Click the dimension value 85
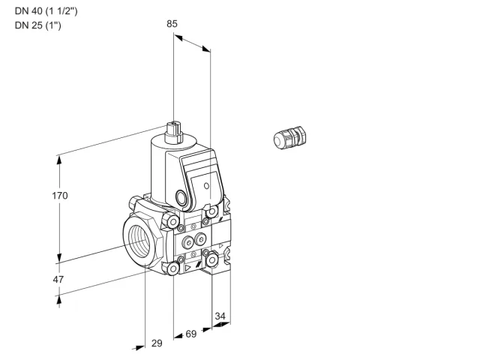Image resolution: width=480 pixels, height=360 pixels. click(x=172, y=23)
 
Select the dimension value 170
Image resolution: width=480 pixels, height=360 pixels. click(x=60, y=195)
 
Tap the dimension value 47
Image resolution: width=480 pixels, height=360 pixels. click(x=58, y=280)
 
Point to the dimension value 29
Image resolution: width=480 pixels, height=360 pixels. click(x=157, y=343)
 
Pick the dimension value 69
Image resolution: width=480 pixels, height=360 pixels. click(x=191, y=334)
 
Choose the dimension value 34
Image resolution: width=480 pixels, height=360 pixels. click(x=220, y=316)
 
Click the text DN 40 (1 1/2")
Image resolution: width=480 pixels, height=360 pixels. click(x=46, y=11)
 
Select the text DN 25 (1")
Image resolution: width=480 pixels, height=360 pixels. click(x=38, y=25)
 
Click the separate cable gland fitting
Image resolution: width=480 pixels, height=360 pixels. click(x=289, y=137)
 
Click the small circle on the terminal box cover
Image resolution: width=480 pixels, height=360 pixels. click(x=207, y=185)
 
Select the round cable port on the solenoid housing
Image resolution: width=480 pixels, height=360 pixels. click(x=180, y=196)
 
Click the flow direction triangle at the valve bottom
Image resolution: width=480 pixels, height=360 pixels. click(x=187, y=268)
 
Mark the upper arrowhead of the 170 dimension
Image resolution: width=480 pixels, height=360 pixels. click(x=59, y=160)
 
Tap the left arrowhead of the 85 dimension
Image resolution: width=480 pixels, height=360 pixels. click(x=178, y=37)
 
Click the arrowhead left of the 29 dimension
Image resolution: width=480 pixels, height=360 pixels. click(x=139, y=348)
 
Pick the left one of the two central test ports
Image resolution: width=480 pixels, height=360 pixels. click(x=187, y=243)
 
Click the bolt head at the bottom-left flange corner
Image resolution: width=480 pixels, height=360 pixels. click(x=173, y=268)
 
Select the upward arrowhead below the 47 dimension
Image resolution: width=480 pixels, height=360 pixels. click(x=59, y=301)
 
